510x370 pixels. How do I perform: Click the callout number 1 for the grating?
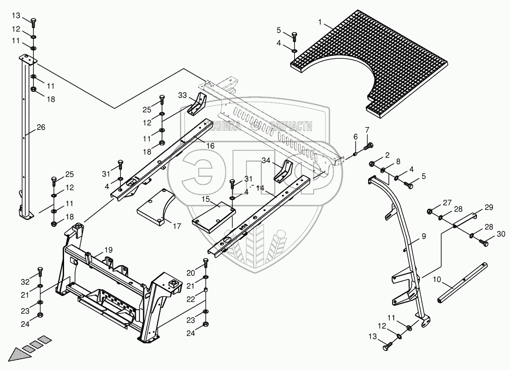pyautogui.click(x=320, y=22)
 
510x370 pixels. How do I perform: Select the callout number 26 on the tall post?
pyautogui.click(x=41, y=127)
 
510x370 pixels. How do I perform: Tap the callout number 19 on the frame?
pyautogui.click(x=109, y=250)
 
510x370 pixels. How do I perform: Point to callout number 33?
pyautogui.click(x=182, y=96)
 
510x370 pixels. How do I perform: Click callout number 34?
pyautogui.click(x=266, y=160)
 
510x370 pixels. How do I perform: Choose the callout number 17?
pyautogui.click(x=177, y=226)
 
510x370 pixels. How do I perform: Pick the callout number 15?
pyautogui.click(x=206, y=199)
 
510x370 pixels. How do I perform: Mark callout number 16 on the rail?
pyautogui.click(x=211, y=146)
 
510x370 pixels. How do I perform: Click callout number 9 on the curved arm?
pyautogui.click(x=424, y=236)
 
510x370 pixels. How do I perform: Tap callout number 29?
pyautogui.click(x=489, y=207)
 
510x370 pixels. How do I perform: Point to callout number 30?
pyautogui.click(x=501, y=234)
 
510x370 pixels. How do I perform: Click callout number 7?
pyautogui.click(x=367, y=130)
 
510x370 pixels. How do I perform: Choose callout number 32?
pyautogui.click(x=25, y=282)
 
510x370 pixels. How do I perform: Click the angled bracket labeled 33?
pyautogui.click(x=197, y=105)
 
